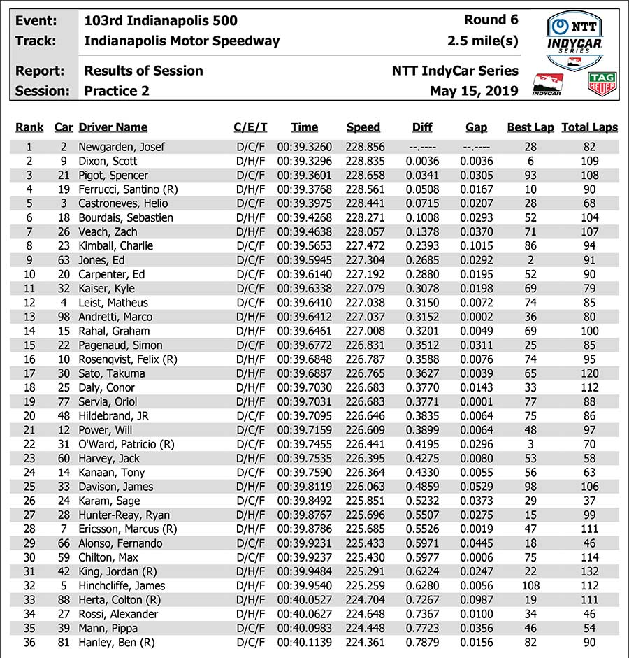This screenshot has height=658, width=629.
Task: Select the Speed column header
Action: click(x=363, y=127)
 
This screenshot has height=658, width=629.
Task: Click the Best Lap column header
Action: click(x=530, y=127)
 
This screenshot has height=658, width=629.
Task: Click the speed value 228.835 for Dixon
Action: click(x=363, y=161)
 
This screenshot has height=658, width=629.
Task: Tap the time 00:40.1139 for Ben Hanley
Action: click(x=305, y=643)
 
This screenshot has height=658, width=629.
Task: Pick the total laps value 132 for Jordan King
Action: click(x=590, y=571)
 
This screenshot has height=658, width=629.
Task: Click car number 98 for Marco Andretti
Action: click(x=64, y=317)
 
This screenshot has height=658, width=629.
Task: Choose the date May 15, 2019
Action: click(x=474, y=91)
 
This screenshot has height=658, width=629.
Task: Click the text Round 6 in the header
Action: click(x=491, y=20)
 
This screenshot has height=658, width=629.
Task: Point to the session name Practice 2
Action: click(x=117, y=91)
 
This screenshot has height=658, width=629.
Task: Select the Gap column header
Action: click(x=476, y=127)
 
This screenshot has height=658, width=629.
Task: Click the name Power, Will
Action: click(x=106, y=430)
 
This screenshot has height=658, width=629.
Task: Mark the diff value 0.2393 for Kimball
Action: click(x=422, y=246)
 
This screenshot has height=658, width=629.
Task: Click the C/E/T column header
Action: click(x=250, y=127)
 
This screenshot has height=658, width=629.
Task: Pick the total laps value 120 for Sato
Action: click(x=590, y=373)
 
